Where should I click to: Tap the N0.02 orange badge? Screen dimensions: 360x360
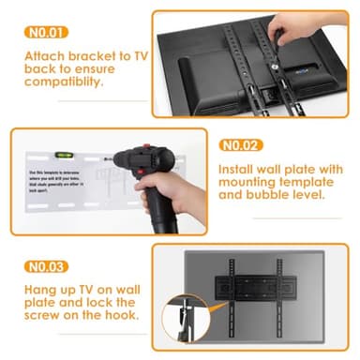pyautogui.click(x=240, y=145)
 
